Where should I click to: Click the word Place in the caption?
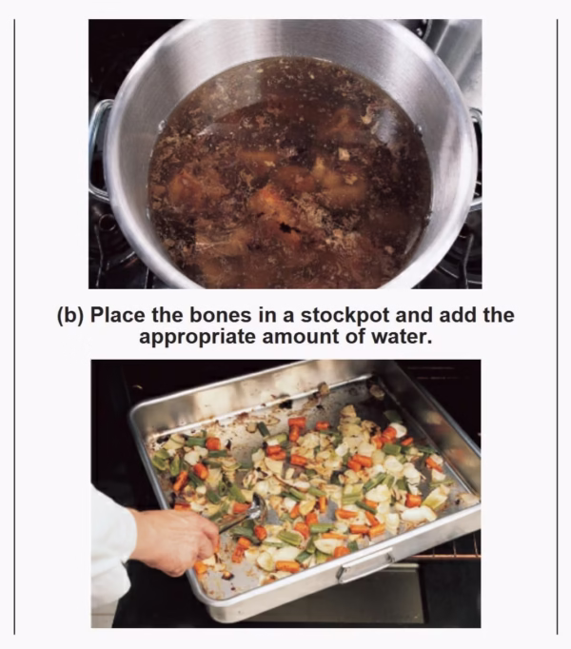[118, 315]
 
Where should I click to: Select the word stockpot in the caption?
[345, 316]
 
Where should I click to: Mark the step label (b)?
[70, 316]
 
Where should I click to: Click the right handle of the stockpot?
[476, 157]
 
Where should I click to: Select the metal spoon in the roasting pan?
[244, 513]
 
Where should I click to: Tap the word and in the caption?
[415, 315]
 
